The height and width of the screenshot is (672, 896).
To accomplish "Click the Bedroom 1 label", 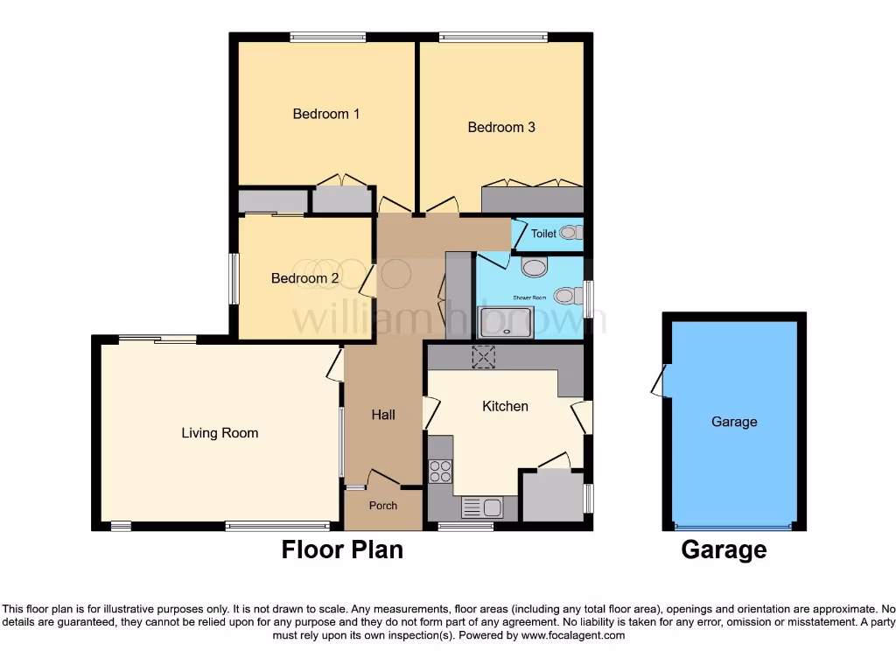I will click(x=326, y=114).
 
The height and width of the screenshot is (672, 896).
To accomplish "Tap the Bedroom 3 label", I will click(x=501, y=127).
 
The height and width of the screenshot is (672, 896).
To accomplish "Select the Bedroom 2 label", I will click(x=304, y=278).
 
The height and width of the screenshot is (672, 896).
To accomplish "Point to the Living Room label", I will click(x=220, y=432).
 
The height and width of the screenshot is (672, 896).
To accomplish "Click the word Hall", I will click(x=383, y=415).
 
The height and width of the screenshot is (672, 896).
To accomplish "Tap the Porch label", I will click(x=383, y=505).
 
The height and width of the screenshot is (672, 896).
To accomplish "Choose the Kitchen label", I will click(x=506, y=406).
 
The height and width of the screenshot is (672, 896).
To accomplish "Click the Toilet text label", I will click(x=543, y=234).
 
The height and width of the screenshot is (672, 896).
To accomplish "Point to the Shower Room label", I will click(x=529, y=297).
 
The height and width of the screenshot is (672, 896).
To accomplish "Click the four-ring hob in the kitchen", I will click(x=441, y=472).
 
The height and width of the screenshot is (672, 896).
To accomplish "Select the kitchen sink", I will click(x=480, y=507).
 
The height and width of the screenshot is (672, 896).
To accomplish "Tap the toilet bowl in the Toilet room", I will click(x=570, y=233).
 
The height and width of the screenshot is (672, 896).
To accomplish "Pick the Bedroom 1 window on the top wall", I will click(x=328, y=37).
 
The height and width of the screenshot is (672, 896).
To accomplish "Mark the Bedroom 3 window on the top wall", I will click(x=493, y=37).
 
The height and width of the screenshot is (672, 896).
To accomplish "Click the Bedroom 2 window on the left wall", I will click(x=234, y=279).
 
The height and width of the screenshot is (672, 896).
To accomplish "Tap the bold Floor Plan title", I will click(x=342, y=549).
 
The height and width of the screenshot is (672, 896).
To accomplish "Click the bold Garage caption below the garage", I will click(x=724, y=549).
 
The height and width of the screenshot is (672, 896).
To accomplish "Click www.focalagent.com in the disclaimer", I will click(x=573, y=635).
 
